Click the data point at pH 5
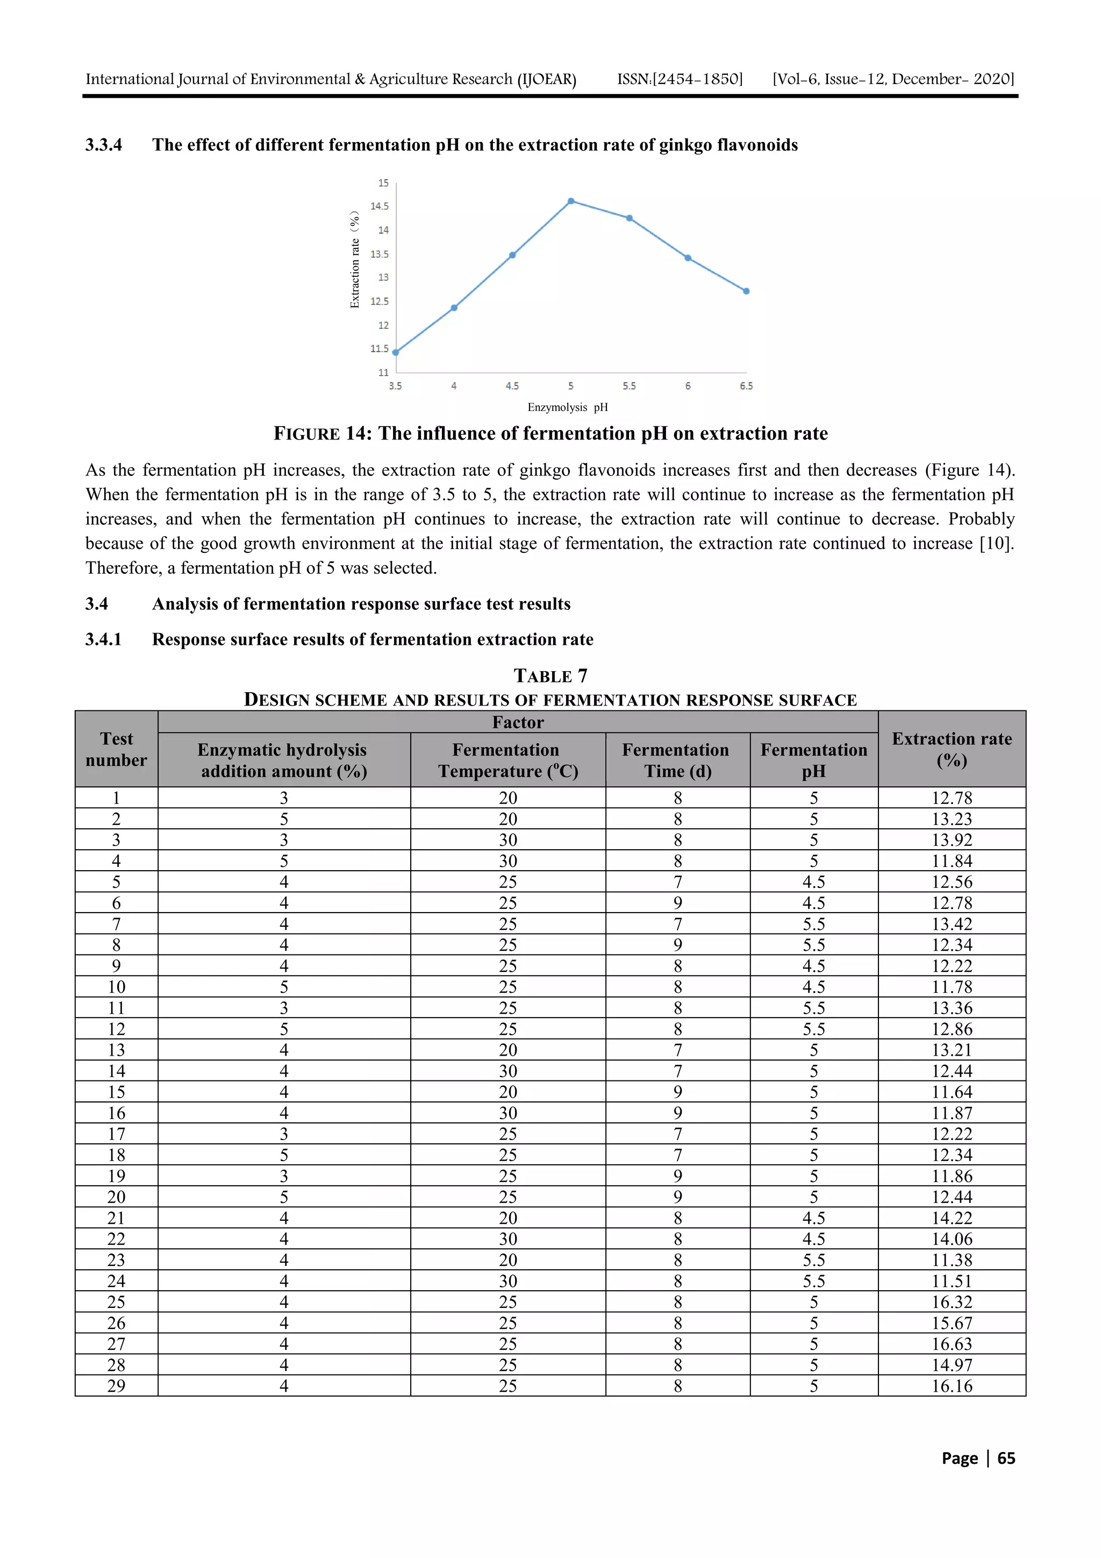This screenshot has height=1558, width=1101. [571, 201]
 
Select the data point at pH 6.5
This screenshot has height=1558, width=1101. [746, 291]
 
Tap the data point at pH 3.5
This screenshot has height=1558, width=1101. [396, 352]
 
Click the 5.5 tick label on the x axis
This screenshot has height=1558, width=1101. [630, 386]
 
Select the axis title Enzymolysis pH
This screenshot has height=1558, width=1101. [568, 407]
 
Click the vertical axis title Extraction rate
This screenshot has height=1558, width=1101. [355, 260]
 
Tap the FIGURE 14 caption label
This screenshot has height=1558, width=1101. [322, 433]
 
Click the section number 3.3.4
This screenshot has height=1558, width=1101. [104, 145]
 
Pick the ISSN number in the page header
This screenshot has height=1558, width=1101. [680, 80]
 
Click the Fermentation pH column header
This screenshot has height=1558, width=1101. [813, 760]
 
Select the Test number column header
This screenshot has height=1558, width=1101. [117, 749]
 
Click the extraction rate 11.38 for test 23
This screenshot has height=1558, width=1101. [952, 1260]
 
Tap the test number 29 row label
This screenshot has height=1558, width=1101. [117, 1386]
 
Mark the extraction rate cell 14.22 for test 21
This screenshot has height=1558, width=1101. [952, 1218]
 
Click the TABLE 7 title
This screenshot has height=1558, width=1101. [550, 676]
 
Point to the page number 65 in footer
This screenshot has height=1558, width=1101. [1006, 1459]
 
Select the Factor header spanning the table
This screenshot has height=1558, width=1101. [518, 722]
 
